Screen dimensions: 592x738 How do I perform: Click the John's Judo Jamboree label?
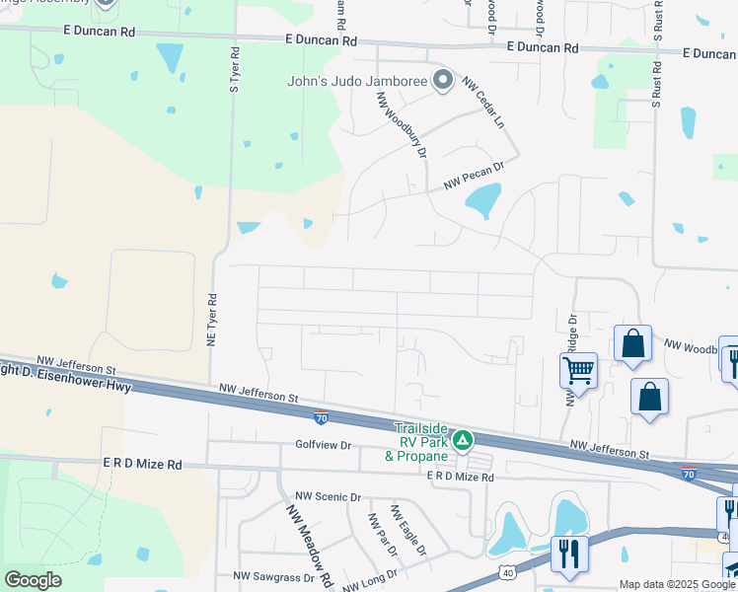click(x=357, y=82)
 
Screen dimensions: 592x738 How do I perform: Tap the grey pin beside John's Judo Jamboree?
click(x=443, y=81)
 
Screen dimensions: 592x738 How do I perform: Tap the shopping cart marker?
click(x=578, y=372)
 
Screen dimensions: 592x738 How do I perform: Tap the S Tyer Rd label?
click(x=235, y=68)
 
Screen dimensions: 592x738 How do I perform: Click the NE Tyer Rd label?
click(x=211, y=318)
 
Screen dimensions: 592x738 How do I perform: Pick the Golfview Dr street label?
click(x=324, y=446)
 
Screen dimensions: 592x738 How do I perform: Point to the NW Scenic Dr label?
click(x=329, y=497)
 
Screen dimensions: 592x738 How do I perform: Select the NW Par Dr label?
click(x=378, y=534)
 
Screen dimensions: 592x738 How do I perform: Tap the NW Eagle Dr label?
click(x=407, y=530)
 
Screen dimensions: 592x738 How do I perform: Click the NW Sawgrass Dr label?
click(x=273, y=575)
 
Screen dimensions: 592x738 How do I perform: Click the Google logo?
click(x=33, y=580)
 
